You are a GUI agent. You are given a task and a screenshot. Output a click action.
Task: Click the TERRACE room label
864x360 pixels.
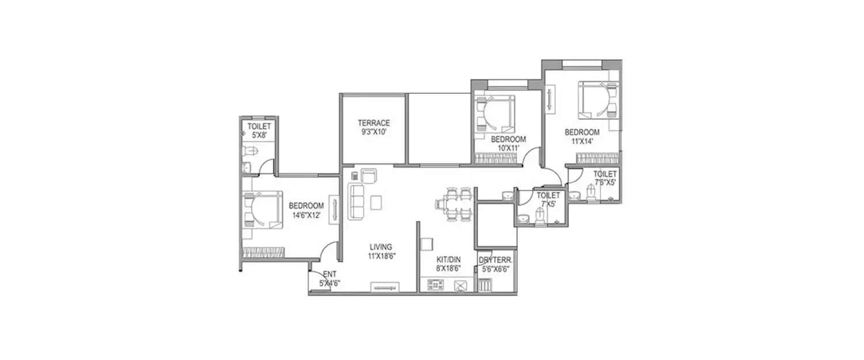pos(373,123)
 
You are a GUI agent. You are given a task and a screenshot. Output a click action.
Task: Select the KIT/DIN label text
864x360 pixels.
pos(447,260)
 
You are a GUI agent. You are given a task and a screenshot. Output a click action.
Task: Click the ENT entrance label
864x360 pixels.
pos(329,274)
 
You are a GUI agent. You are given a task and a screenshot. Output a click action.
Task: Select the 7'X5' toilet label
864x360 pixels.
pos(548,204)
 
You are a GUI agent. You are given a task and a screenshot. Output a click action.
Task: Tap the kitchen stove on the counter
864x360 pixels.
pos(437,285)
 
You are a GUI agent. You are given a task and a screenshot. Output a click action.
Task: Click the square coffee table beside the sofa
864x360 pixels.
pos(376,203)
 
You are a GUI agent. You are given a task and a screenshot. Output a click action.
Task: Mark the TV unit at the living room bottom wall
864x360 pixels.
pos(384,286)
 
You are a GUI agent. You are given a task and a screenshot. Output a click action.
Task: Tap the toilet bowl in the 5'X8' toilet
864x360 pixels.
pos(249,151)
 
